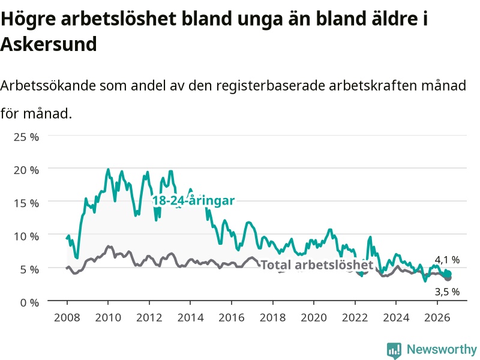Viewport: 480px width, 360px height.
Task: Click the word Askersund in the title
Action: pos(49,44)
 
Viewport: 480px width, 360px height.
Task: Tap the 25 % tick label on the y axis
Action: pos(26,137)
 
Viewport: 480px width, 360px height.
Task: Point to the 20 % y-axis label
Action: pos(26,170)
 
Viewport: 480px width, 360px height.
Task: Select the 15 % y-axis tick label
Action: pos(26,203)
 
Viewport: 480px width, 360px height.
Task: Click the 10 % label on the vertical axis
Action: pos(26,236)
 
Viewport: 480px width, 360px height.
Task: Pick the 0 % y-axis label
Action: pos(29,302)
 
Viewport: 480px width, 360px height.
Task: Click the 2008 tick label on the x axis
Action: pos(67,317)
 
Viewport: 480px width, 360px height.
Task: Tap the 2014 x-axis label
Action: pos(190,317)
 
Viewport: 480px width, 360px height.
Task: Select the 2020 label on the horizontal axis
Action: pos(314,317)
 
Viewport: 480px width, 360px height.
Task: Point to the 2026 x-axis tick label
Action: pos(437,317)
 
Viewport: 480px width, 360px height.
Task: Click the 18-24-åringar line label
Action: pos(193,200)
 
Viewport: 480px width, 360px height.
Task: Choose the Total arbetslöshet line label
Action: pos(317,265)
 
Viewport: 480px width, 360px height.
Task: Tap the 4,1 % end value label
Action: pos(447,260)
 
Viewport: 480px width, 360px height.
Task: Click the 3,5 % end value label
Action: pos(447,292)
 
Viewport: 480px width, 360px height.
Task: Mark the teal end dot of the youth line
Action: pos(448,274)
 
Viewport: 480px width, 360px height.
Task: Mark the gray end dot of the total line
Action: pos(448,278)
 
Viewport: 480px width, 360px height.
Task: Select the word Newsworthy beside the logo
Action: pos(442,349)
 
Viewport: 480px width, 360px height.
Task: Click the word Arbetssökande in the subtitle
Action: pos(48,85)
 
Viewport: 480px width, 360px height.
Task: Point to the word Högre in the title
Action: pos(28,19)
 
